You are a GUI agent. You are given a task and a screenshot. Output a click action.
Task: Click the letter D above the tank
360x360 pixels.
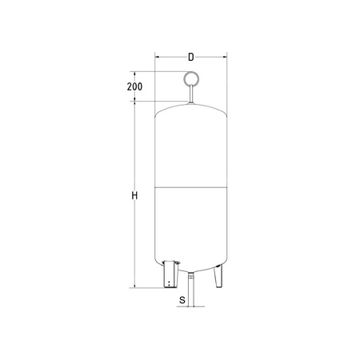[x=190, y=57]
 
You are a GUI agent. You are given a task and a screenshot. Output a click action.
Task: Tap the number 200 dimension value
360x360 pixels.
[x=134, y=86]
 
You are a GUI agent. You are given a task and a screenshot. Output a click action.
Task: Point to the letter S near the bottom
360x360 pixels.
[x=182, y=300]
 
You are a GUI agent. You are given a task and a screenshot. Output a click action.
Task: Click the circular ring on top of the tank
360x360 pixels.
[x=191, y=79]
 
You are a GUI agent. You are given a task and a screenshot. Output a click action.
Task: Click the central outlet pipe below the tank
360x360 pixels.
[x=192, y=287]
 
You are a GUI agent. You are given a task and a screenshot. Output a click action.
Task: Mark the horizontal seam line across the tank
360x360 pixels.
[x=191, y=187]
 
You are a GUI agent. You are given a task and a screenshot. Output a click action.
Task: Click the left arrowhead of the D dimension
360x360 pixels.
[x=157, y=58]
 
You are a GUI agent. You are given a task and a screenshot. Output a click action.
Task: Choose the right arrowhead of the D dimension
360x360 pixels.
[x=226, y=58]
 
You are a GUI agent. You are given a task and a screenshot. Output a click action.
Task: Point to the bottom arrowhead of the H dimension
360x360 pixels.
[x=138, y=285]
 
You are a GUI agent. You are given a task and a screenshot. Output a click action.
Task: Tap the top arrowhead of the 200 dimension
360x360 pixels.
[x=138, y=74]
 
